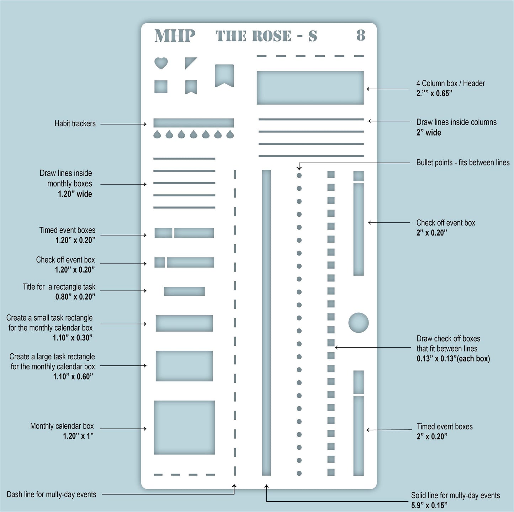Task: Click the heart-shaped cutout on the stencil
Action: coord(161,63)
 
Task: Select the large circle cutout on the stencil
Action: coord(358,323)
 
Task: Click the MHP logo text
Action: coord(175,36)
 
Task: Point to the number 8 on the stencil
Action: coord(361,36)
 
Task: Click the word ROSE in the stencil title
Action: coord(272,36)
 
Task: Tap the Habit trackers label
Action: coord(75,124)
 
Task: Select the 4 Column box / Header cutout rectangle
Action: coord(310,88)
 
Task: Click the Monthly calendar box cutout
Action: coord(184,427)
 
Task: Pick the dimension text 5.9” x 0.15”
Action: coord(429,505)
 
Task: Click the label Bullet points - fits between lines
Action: coord(463,163)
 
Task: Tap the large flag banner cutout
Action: coord(224,75)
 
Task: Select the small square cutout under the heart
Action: coord(161,87)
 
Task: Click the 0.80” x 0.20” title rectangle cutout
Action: coord(184,291)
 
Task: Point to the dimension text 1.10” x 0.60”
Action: coord(73,376)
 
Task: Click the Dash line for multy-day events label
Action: coord(52,494)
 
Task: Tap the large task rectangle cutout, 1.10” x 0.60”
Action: coord(184,366)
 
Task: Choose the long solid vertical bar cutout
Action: coord(266,322)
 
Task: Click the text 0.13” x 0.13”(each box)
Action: coord(453,359)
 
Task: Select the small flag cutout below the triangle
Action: coord(191,87)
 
